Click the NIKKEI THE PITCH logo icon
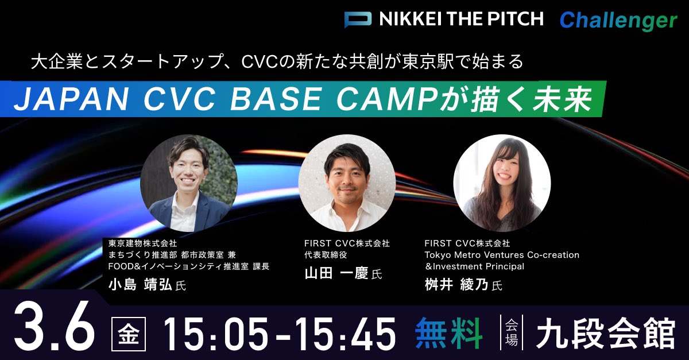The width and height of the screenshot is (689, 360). point(358,20)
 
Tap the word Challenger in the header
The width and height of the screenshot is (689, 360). point(618,21)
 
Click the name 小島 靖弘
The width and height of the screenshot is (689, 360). point(140,285)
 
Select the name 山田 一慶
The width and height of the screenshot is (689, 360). point(336,273)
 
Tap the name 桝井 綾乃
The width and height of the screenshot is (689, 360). point(456,285)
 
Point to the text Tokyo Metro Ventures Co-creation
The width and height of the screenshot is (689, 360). point(502,254)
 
